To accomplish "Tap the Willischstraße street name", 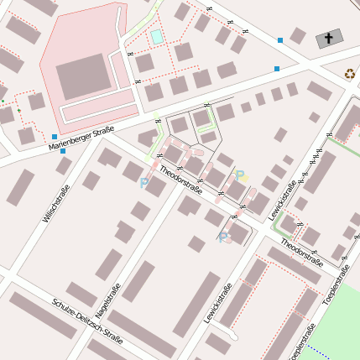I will [56, 204].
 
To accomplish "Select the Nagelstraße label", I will [107, 300].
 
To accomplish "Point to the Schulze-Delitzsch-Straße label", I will [87, 321].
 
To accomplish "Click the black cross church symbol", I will [329, 39].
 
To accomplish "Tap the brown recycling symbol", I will [350, 74].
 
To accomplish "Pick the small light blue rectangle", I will [156, 36].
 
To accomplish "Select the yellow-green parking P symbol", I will [239, 175].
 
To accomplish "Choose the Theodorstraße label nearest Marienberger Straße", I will [181, 180].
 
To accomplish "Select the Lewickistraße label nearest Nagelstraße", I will [217, 304].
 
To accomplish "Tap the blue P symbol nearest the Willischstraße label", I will [143, 181].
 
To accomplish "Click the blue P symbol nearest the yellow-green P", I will [222, 237].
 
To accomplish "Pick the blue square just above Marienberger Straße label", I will [55, 136].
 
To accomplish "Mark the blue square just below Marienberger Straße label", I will [62, 152].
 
